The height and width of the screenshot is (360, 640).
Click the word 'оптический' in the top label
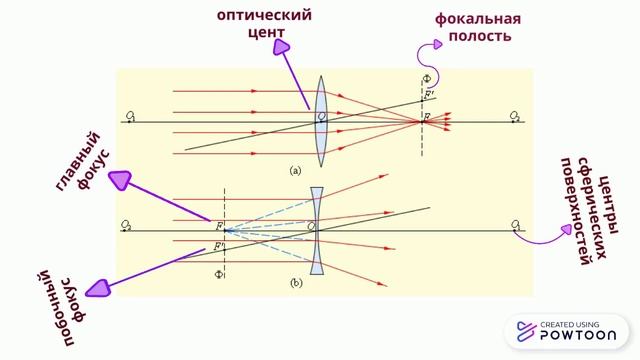pyautogui.click(x=265, y=16)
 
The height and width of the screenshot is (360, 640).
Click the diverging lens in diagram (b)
pyautogui.click(x=316, y=229)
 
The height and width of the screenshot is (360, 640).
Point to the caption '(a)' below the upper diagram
pyautogui.click(x=295, y=171)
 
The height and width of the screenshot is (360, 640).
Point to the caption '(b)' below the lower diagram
pyautogui.click(x=295, y=284)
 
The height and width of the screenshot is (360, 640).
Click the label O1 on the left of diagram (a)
pyautogui.click(x=131, y=117)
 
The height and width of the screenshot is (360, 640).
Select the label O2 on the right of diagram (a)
pyautogui.click(x=515, y=117)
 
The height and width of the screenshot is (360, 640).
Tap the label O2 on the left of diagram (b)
pyautogui.click(x=126, y=225)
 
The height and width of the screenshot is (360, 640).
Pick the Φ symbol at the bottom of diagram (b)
pyautogui.click(x=217, y=271)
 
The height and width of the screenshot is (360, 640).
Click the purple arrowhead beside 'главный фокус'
pyautogui.click(x=119, y=180)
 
